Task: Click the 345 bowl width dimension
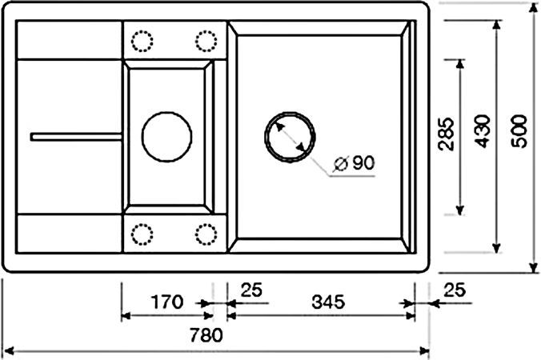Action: [x=327, y=302]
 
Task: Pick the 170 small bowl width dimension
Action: [x=167, y=302]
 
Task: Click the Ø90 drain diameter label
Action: [x=353, y=163]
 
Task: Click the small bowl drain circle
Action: [x=167, y=134]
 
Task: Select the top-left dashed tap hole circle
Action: [x=142, y=41]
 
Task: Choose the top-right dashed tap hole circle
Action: [x=205, y=41]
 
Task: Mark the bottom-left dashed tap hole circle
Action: [x=142, y=234]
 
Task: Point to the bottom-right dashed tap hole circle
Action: [x=206, y=234]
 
